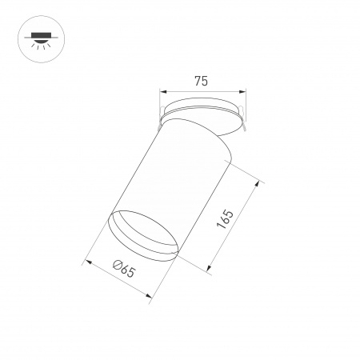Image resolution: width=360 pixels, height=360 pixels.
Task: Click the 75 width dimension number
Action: pos(200,80)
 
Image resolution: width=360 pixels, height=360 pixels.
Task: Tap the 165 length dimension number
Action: pos(226,222)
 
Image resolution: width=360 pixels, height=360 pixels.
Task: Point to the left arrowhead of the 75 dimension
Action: pos(163,90)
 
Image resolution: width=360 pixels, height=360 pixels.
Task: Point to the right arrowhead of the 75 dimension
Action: pos(238,90)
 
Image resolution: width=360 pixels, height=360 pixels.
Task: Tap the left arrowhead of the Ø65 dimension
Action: pos(87,260)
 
